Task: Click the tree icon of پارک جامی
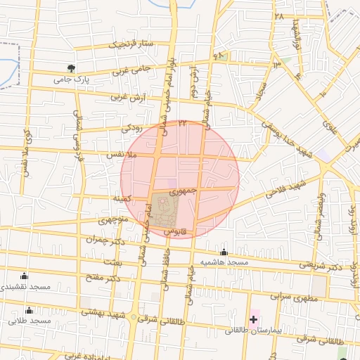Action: click(x=71, y=68)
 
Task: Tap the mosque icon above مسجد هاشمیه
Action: click(x=224, y=252)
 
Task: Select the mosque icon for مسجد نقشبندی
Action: click(x=25, y=276)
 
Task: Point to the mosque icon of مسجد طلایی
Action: click(x=29, y=310)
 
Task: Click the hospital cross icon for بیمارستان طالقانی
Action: click(x=253, y=319)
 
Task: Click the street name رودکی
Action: click(x=131, y=128)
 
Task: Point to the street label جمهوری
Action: click(x=191, y=190)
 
